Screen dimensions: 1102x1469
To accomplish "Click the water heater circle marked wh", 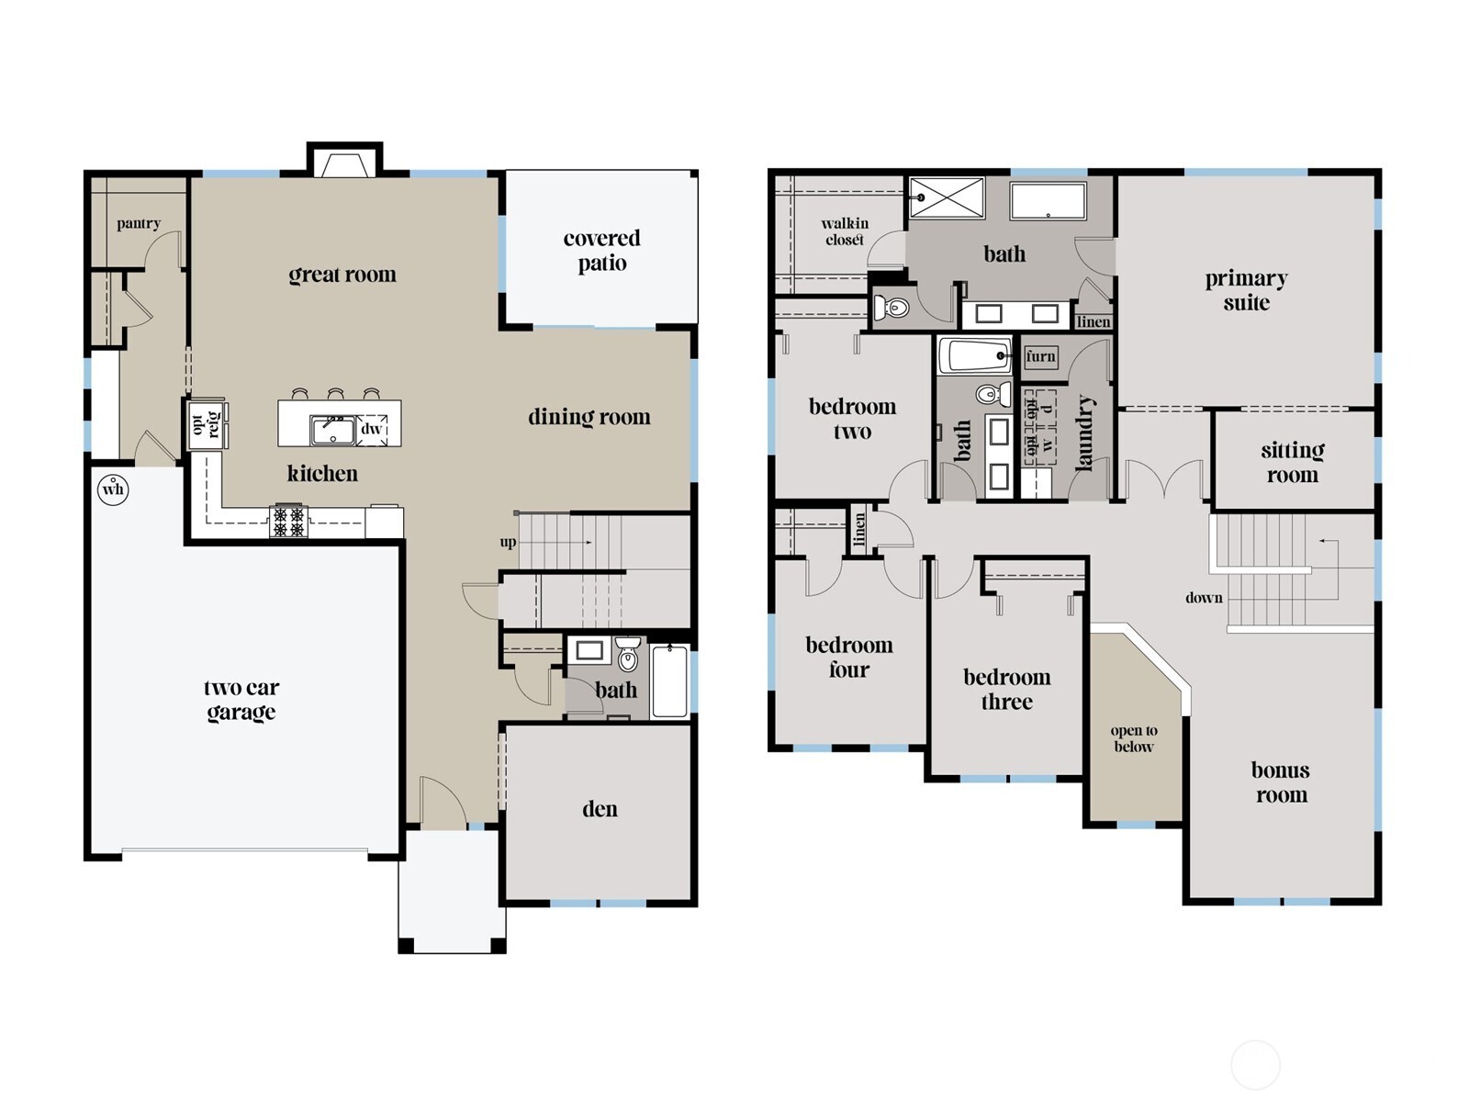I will click(x=113, y=489).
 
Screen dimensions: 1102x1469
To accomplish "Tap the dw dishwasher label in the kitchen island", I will click(x=371, y=429).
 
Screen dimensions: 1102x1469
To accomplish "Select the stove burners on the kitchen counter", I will click(x=288, y=522).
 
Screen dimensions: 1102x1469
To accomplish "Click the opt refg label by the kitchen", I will click(x=206, y=424).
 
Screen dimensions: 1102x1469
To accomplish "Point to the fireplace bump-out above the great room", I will click(x=344, y=162).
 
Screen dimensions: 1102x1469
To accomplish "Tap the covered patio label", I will click(x=601, y=251).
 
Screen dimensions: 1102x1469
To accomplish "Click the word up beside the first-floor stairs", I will click(x=508, y=542).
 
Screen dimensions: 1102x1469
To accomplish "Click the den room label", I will click(x=600, y=809).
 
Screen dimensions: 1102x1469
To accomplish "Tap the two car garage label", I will click(x=241, y=700).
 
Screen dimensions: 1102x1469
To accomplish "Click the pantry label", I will click(x=139, y=223).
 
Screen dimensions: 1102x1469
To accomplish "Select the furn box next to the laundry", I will click(x=1040, y=356).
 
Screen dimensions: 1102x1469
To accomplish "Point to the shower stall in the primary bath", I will click(x=947, y=197).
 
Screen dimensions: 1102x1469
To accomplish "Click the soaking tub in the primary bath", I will click(x=1048, y=200).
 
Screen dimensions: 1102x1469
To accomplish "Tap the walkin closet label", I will click(x=844, y=231).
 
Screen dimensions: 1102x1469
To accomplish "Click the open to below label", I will click(x=1134, y=738).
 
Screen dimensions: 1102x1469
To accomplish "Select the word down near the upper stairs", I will click(x=1204, y=598).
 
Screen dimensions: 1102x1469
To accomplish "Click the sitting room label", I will click(x=1292, y=462).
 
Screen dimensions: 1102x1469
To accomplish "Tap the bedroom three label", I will click(x=1006, y=690).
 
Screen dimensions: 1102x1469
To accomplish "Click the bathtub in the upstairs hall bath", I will click(x=975, y=355).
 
